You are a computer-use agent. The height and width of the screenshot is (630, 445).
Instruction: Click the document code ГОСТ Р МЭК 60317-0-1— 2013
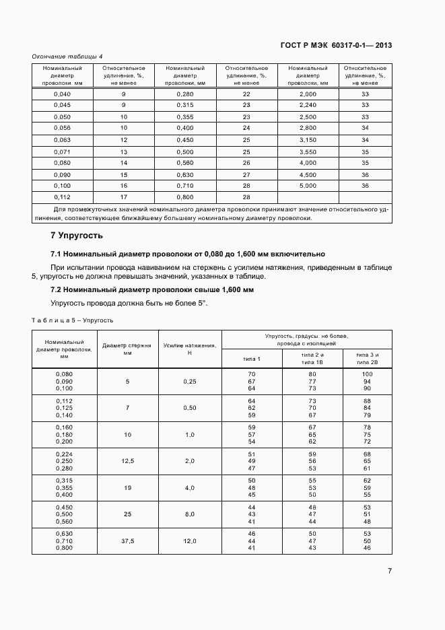[336, 46]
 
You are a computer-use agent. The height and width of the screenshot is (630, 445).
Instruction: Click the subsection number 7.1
[57, 254]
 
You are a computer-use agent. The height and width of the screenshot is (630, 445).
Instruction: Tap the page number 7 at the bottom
[390, 571]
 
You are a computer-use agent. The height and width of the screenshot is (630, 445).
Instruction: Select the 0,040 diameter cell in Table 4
[62, 94]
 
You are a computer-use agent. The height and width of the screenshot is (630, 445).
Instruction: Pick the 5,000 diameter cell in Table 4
[308, 185]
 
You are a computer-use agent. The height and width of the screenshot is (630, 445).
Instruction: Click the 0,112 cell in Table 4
[62, 197]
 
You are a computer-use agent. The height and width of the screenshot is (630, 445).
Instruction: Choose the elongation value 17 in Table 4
[124, 197]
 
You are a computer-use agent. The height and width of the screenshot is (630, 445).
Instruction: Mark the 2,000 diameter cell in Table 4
[308, 94]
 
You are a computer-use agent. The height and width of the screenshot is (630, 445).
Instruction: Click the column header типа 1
[252, 359]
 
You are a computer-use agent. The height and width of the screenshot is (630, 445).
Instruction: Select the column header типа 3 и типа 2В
[367, 358]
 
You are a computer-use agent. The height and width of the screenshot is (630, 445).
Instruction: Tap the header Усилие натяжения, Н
[190, 349]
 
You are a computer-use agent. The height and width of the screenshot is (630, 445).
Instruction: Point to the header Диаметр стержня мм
[127, 349]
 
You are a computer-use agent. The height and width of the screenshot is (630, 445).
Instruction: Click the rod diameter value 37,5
[127, 540]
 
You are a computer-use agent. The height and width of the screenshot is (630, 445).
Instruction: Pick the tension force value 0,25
[190, 381]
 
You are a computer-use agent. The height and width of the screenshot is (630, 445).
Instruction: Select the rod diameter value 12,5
[127, 460]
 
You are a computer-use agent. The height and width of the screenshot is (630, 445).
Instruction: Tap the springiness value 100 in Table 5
[367, 374]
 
